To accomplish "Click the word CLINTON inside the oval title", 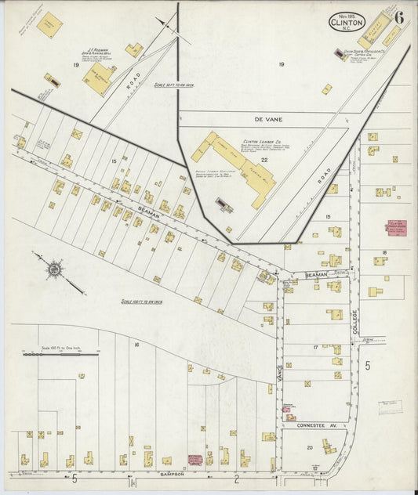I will tap(347, 23).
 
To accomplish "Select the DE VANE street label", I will tap(267, 120).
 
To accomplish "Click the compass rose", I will tap(54, 269).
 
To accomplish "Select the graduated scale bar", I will tap(60, 354).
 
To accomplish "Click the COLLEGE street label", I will tap(354, 321).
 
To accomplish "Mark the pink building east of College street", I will tap(396, 228).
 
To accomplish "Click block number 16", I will tap(136, 344).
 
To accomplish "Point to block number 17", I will tap(315, 347).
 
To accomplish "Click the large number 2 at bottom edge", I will tap(235, 477).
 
